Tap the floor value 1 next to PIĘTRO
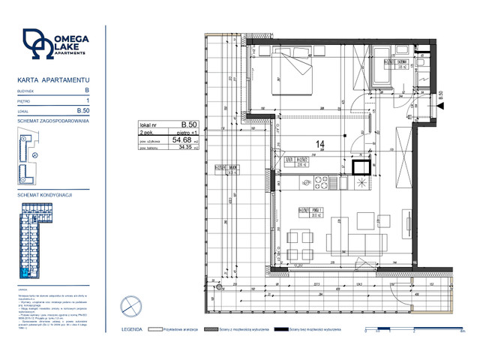[88, 100]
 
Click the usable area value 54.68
[181, 139]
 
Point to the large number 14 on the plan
[319, 143]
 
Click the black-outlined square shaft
[361, 167]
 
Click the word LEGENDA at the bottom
[145, 328]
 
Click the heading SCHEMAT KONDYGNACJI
[46, 194]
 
